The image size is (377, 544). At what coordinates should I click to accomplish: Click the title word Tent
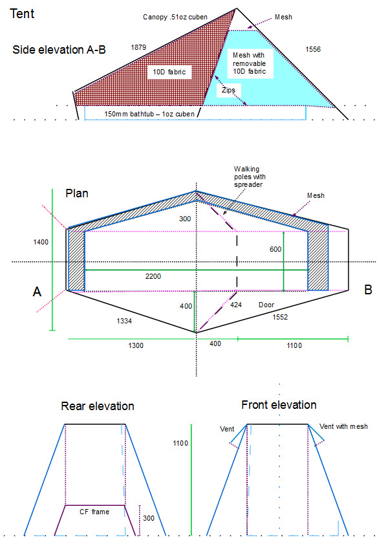(22, 14)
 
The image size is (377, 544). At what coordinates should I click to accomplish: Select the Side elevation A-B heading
(59, 50)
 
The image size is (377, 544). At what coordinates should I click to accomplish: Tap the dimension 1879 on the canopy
(138, 47)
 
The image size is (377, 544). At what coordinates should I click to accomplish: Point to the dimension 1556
(313, 49)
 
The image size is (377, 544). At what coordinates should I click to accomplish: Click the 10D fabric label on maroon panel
(169, 72)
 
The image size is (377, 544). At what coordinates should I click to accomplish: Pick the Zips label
(228, 90)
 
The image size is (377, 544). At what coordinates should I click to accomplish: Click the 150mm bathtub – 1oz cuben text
(149, 114)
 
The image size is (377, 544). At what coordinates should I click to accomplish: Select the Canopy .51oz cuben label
(175, 17)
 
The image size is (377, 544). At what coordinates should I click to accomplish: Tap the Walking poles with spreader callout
(250, 177)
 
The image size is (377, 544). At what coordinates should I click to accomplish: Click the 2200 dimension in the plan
(153, 276)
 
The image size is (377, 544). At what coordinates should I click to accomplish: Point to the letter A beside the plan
(37, 292)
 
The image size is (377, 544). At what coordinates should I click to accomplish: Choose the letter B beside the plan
(369, 290)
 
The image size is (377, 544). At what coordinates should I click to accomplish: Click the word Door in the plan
(266, 305)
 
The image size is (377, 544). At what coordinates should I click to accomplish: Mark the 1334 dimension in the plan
(124, 321)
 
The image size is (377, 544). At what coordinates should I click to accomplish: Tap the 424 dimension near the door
(236, 305)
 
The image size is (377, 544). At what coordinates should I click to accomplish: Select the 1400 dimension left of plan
(41, 242)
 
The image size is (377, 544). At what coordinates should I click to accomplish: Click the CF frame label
(94, 512)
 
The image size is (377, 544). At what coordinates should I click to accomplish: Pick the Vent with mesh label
(343, 426)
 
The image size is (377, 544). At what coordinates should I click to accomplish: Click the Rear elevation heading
(98, 406)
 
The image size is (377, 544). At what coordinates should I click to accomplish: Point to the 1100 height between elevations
(180, 443)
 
